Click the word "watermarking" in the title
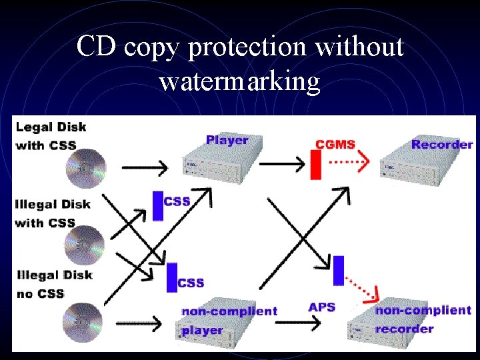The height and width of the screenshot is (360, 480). click(240, 82)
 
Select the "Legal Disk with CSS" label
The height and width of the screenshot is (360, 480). click(50, 135)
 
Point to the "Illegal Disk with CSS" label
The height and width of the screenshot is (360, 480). click(53, 213)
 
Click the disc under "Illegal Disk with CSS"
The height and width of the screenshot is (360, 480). click(85, 244)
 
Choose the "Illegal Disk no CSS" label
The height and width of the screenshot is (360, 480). click(53, 284)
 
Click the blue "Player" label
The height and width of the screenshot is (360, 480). click(227, 140)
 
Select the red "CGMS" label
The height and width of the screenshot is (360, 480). click(335, 143)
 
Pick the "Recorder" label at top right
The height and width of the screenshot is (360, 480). click(442, 144)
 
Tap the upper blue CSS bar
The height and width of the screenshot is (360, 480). click(157, 205)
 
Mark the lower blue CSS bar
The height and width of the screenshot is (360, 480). click(172, 277)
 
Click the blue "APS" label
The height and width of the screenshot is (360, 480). click(321, 307)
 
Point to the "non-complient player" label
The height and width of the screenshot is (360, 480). click(229, 320)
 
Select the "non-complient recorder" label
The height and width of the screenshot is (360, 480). click(423, 319)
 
